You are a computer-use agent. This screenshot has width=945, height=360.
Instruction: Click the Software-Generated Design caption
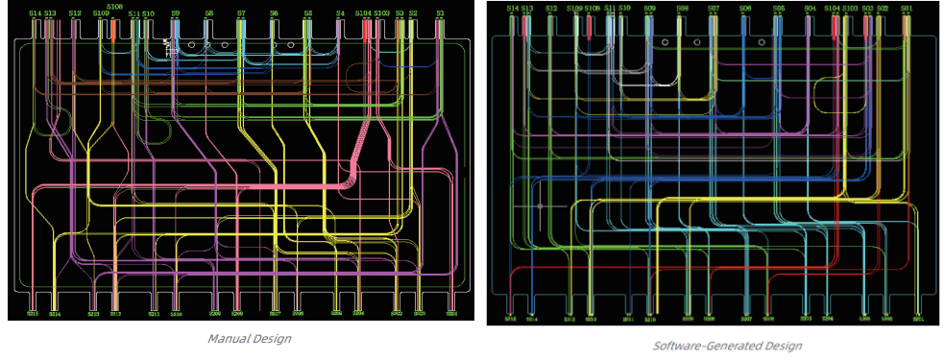727,345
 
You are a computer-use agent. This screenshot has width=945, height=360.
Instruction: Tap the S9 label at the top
175,13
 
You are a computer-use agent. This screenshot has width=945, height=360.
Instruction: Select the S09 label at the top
650,8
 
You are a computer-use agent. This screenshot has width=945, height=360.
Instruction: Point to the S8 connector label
208,13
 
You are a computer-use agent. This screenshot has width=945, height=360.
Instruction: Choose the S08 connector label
682,8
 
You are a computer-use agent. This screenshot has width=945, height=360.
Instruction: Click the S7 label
241,13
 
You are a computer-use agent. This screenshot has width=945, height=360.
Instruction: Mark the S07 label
714,8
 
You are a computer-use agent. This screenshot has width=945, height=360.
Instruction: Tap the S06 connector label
745,8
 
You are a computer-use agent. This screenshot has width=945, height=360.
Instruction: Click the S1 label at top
440,13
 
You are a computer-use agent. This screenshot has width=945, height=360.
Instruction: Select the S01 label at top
907,8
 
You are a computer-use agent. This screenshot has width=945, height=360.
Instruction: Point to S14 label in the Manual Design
35,13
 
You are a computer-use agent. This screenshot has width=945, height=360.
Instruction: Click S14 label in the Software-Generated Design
513,8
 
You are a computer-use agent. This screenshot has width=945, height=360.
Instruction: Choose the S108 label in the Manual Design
115,6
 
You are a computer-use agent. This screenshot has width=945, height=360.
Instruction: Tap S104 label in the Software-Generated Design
832,8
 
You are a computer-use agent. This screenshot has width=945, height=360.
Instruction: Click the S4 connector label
340,13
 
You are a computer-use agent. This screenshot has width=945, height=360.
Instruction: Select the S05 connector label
778,8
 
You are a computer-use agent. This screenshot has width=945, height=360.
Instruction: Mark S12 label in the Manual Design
75,13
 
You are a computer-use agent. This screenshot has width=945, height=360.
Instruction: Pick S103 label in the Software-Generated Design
850,8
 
